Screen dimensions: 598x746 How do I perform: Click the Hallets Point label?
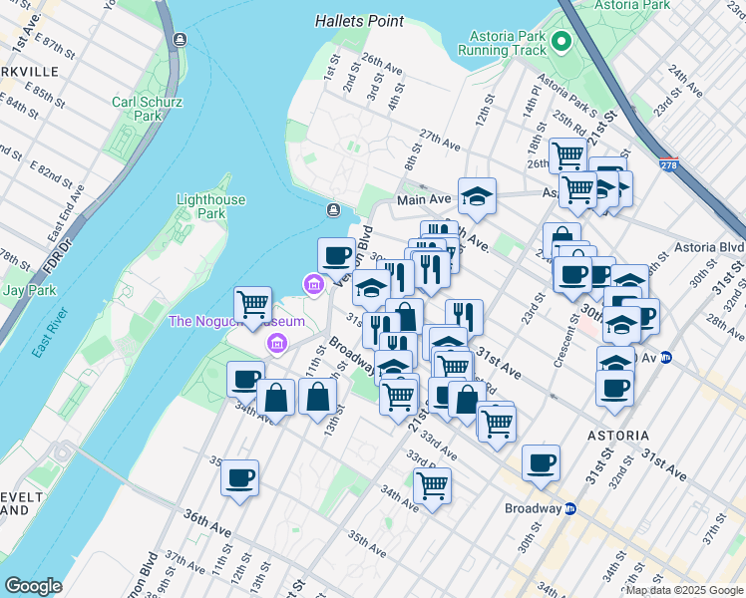tap(359, 20)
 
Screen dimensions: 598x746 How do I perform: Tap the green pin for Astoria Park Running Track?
tap(560, 43)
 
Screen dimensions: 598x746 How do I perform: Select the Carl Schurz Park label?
tap(137, 109)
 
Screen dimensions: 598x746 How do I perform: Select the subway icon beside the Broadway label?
tap(570, 508)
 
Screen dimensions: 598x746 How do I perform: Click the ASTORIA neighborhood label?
tap(617, 436)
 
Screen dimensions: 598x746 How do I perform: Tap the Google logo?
tap(33, 586)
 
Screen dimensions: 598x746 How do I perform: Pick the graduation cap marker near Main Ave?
tap(478, 194)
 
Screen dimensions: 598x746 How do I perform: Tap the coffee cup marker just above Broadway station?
tap(541, 461)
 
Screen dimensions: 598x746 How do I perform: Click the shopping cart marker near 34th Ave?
tap(432, 485)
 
